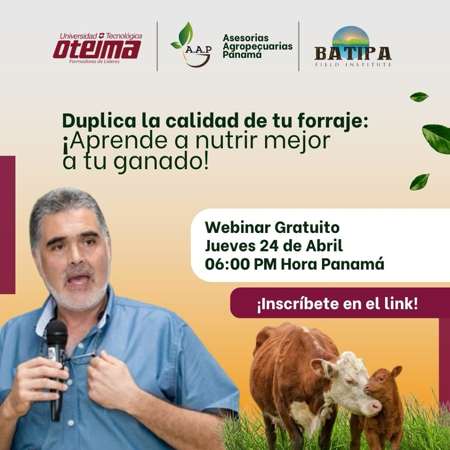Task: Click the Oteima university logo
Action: click(98, 48)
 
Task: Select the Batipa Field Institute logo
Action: click(353, 47)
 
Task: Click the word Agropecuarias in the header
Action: click(258, 46)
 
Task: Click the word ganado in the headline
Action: click(163, 163)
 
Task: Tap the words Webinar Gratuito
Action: click(272, 228)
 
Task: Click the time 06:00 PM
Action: click(241, 264)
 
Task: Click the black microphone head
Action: click(57, 334)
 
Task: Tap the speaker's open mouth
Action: click(79, 279)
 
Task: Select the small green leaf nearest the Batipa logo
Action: click(419, 97)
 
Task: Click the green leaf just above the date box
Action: click(420, 181)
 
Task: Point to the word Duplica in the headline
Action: click(99, 121)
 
